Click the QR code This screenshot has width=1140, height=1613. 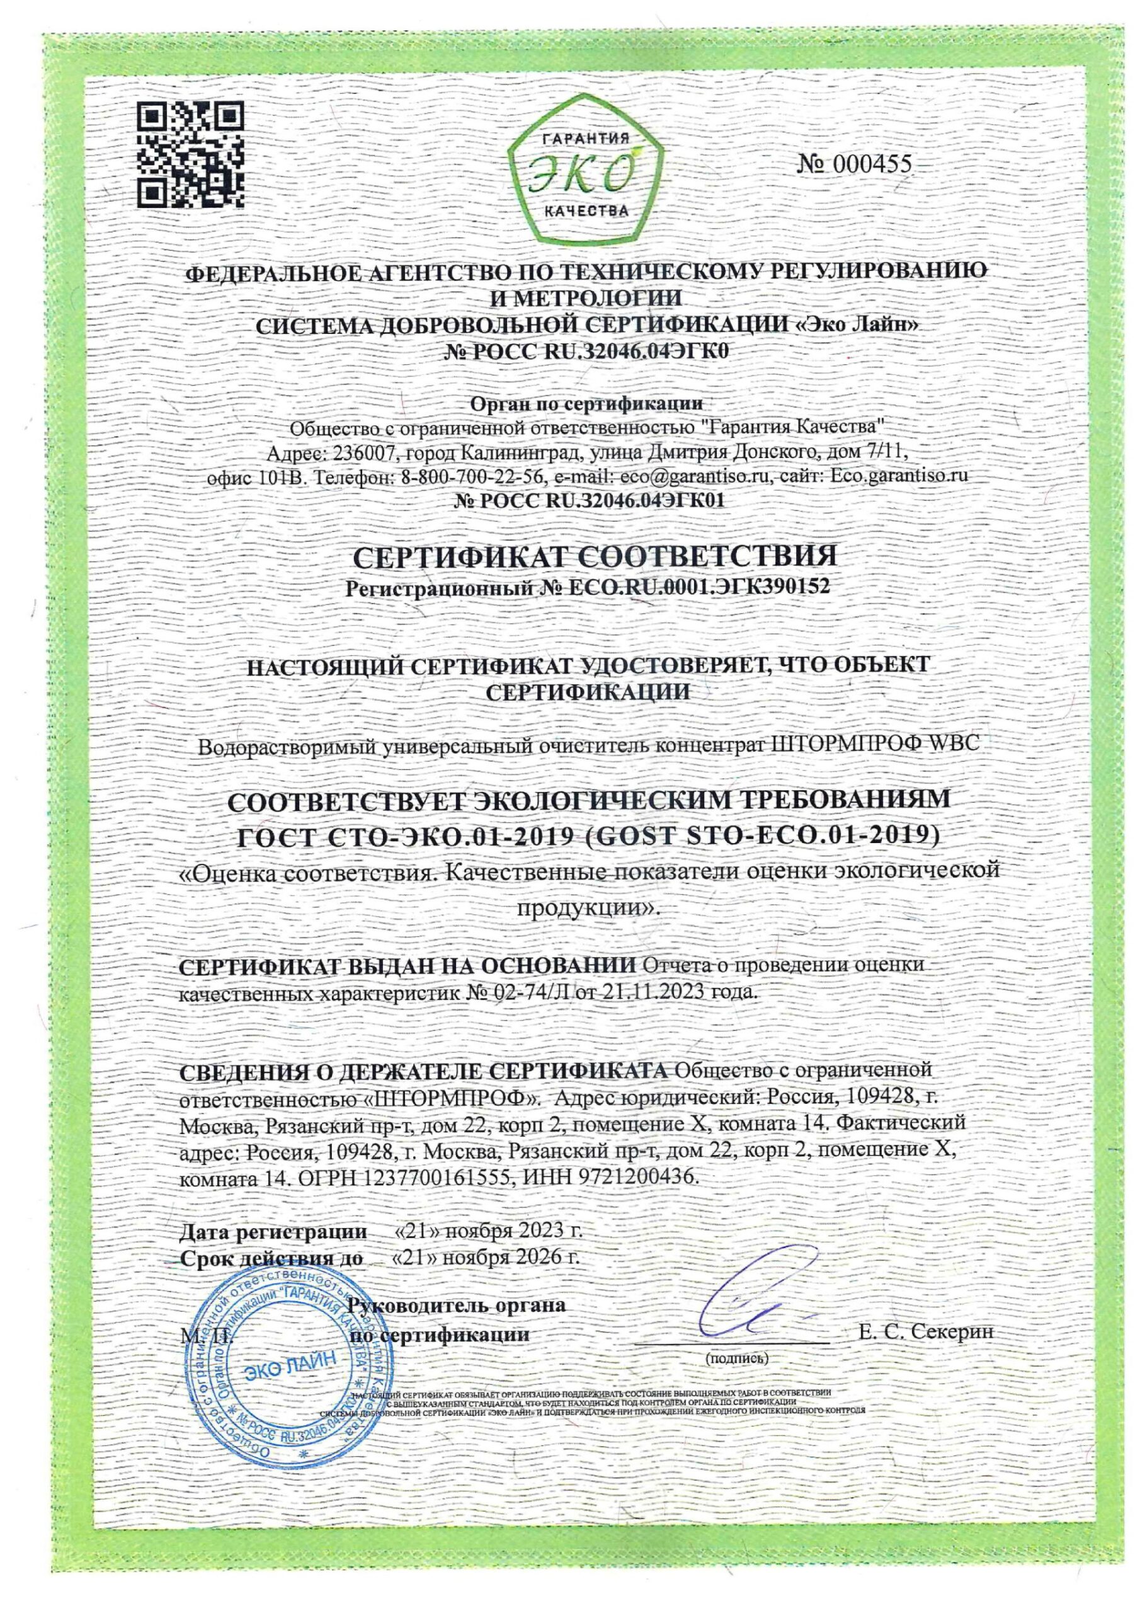[190, 152]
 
